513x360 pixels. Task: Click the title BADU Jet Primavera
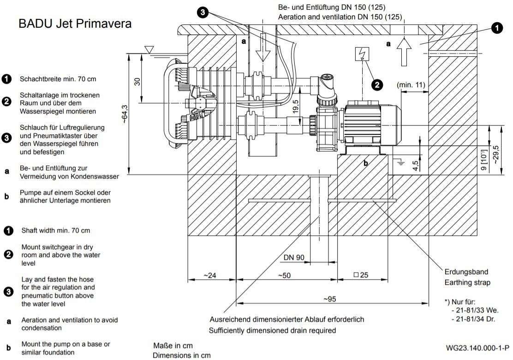(75, 24)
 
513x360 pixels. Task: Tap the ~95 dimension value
(329, 299)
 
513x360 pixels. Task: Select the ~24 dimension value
(209, 275)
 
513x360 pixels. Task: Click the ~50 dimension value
(284, 275)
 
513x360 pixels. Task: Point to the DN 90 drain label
(294, 258)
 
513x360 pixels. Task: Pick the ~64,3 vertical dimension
(125, 114)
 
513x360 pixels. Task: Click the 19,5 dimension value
(295, 107)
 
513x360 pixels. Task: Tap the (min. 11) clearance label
(411, 85)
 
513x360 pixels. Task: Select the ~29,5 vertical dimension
(496, 155)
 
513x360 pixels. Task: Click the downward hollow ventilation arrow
(262, 47)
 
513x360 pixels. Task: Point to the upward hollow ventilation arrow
(404, 52)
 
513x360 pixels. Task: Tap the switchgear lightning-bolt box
(362, 54)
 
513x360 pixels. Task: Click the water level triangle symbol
(149, 49)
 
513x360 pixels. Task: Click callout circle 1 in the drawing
(497, 28)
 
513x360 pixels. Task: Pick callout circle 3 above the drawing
(203, 12)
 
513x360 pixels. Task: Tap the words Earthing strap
(467, 282)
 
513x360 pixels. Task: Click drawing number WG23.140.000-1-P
(477, 348)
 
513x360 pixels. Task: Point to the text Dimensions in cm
(182, 355)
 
